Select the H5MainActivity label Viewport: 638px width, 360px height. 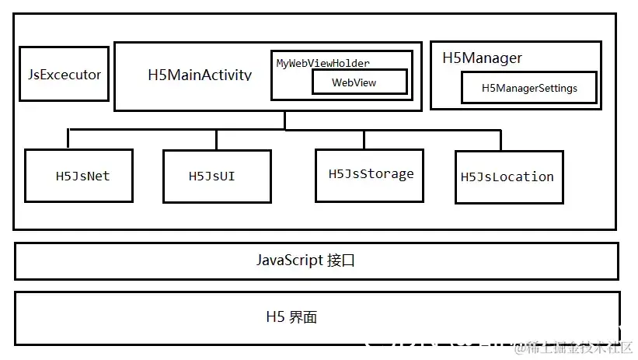200,75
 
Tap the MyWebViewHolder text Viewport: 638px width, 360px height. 323,62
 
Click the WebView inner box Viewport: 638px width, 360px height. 359,82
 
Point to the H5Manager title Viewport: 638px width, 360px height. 482,58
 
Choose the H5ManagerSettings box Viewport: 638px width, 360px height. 529,88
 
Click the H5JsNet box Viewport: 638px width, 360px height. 82,176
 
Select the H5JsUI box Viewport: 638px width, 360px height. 217,177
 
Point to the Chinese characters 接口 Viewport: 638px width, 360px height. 341,260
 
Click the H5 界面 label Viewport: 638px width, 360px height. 291,317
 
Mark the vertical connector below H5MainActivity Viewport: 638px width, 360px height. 284,120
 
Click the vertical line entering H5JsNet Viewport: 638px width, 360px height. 68,139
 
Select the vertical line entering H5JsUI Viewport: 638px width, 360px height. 217,139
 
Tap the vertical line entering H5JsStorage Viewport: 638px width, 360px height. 364,138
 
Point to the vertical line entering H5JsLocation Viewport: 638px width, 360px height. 501,140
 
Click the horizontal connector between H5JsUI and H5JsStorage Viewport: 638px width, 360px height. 290,129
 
